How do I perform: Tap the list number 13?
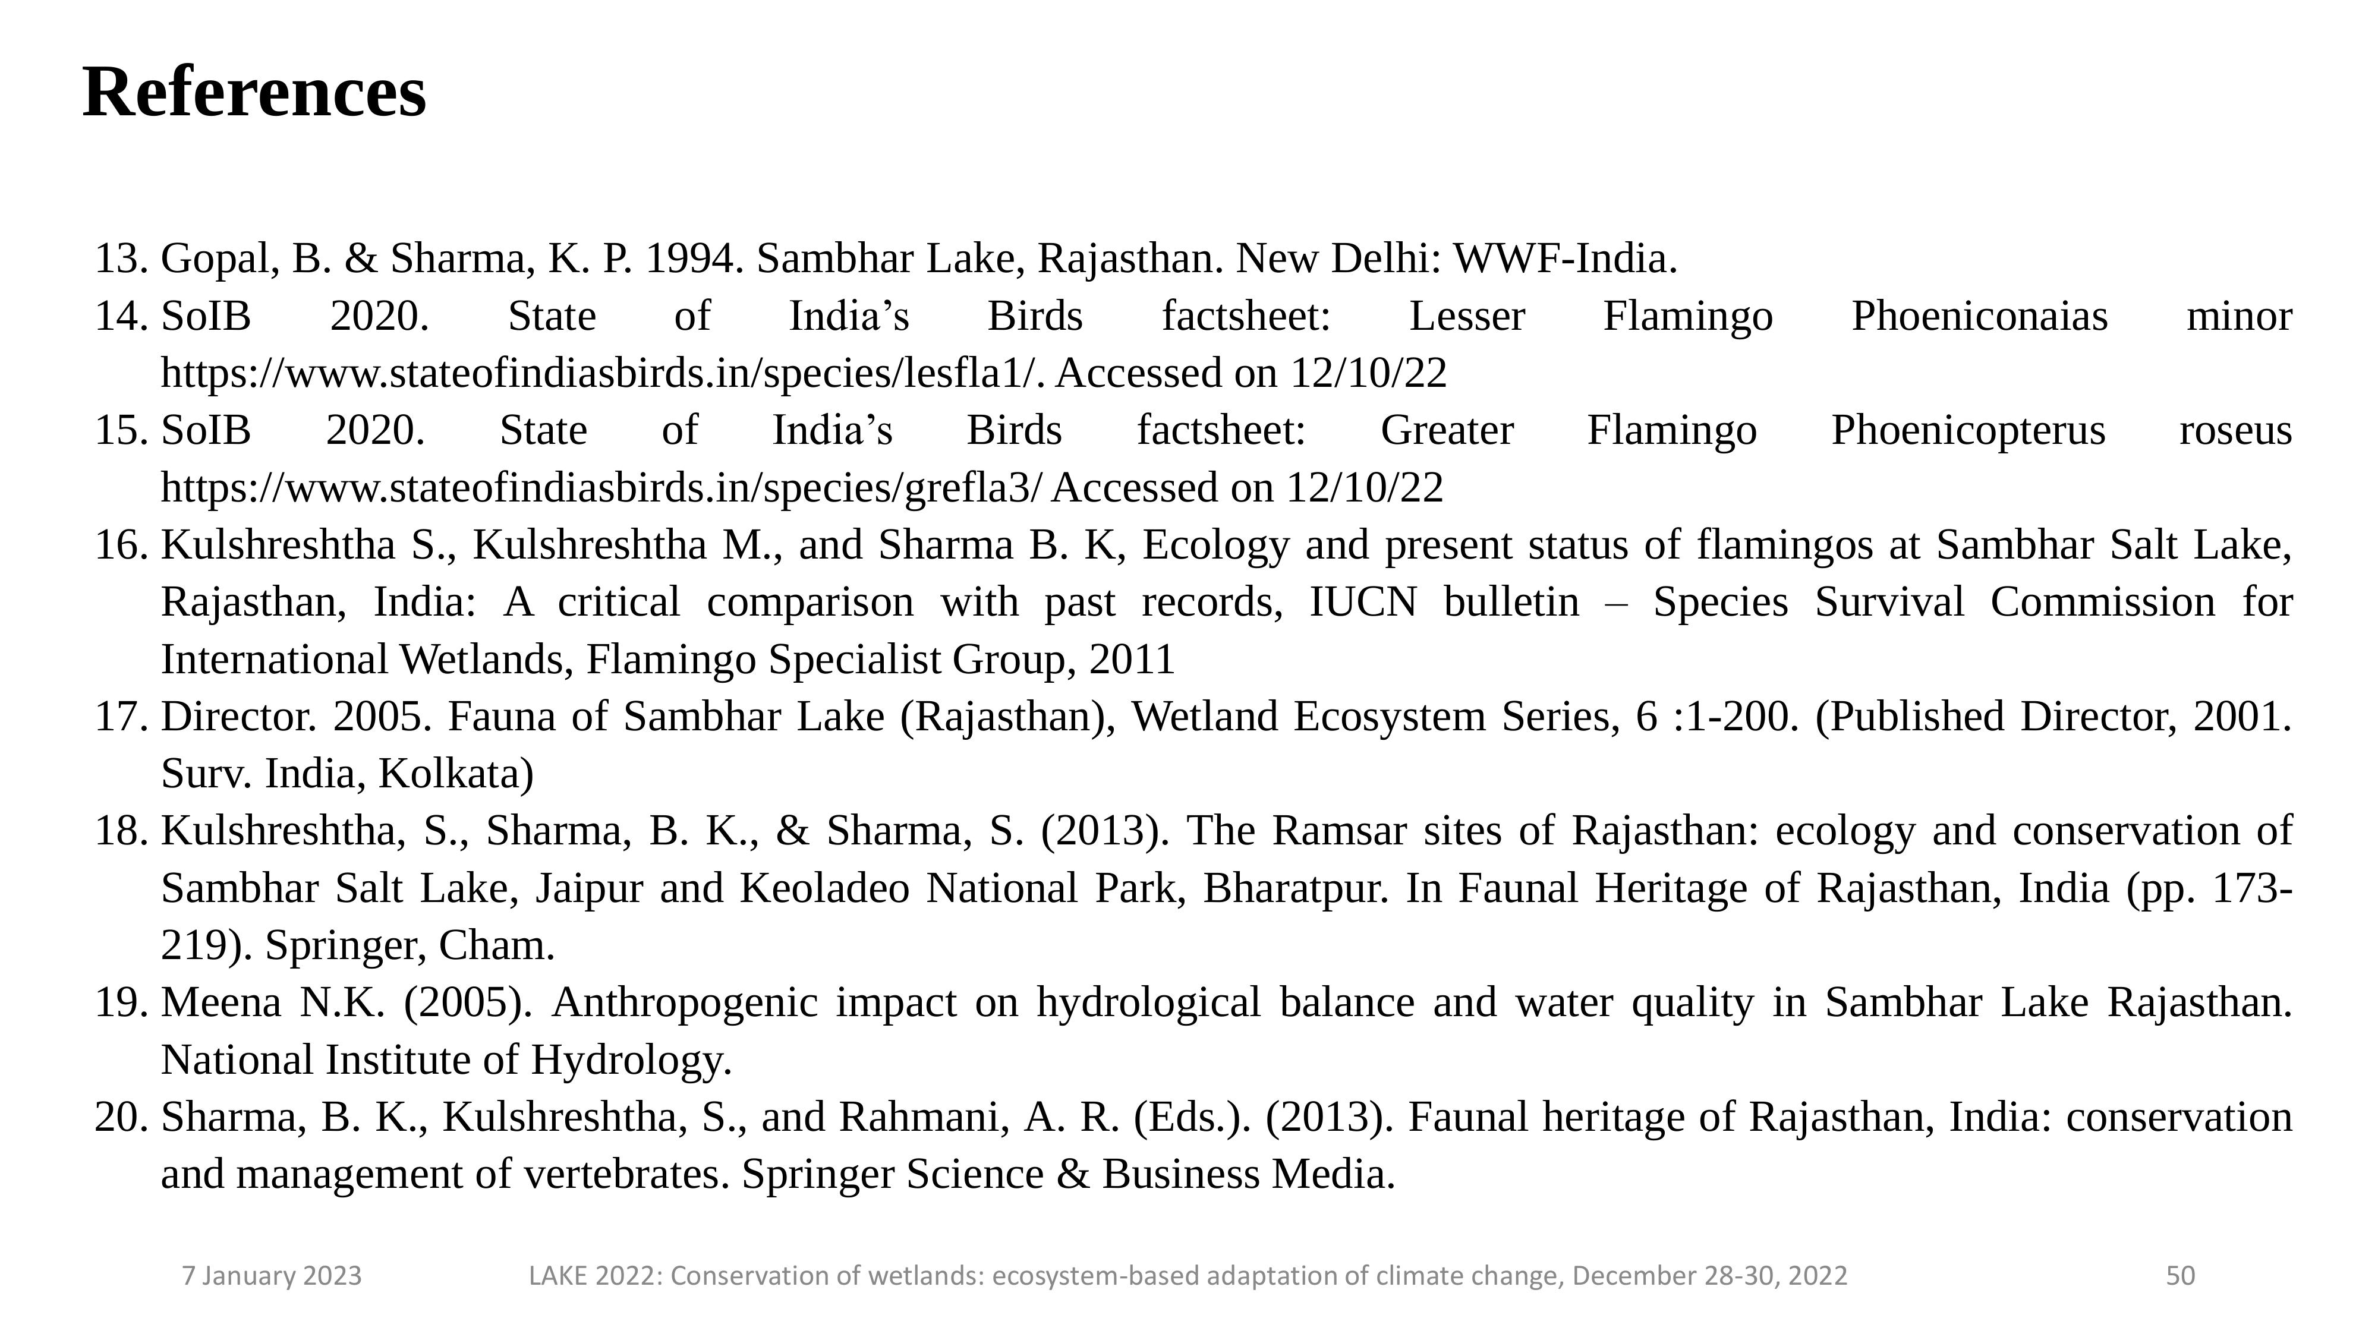click(121, 259)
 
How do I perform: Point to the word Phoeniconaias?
click(1979, 317)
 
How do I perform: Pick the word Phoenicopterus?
click(1968, 431)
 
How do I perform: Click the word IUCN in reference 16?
click(1362, 603)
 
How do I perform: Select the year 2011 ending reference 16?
click(1131, 660)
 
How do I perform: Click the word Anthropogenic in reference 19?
click(684, 1003)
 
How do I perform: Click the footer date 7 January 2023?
click(272, 1276)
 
